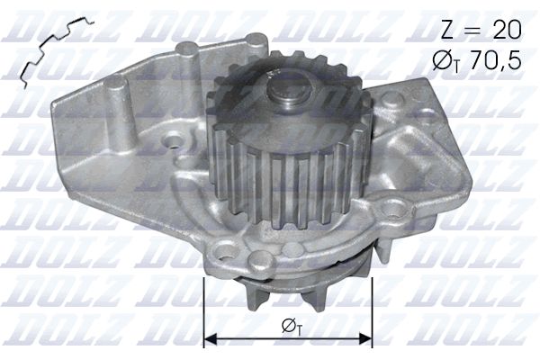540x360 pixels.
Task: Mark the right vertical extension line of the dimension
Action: [373, 310]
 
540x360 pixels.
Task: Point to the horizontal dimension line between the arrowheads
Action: [289, 340]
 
